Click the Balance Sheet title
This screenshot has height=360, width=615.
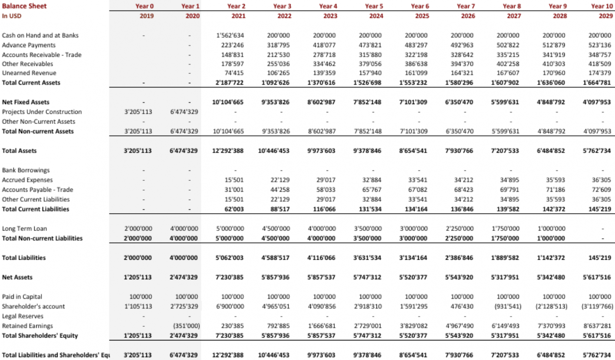click(x=24, y=6)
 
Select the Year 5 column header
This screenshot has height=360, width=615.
click(x=374, y=6)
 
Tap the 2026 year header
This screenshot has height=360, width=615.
click(x=468, y=16)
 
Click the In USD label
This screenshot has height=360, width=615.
click(x=11, y=16)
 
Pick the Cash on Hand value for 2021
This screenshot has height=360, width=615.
click(x=230, y=35)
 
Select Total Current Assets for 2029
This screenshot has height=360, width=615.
click(x=596, y=83)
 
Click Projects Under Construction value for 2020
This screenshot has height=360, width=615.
click(x=184, y=112)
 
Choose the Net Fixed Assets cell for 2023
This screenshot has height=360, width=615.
click(x=322, y=102)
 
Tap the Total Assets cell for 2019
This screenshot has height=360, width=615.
click(x=138, y=151)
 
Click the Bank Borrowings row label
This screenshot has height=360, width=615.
click(x=26, y=170)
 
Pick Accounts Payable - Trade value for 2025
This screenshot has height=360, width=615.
click(x=418, y=189)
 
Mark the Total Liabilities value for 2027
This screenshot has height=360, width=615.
click(x=505, y=258)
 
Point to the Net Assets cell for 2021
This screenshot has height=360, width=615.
click(x=230, y=277)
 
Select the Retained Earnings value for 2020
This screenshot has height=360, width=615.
click(x=187, y=326)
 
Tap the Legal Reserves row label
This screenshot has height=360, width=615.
click(x=23, y=316)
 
